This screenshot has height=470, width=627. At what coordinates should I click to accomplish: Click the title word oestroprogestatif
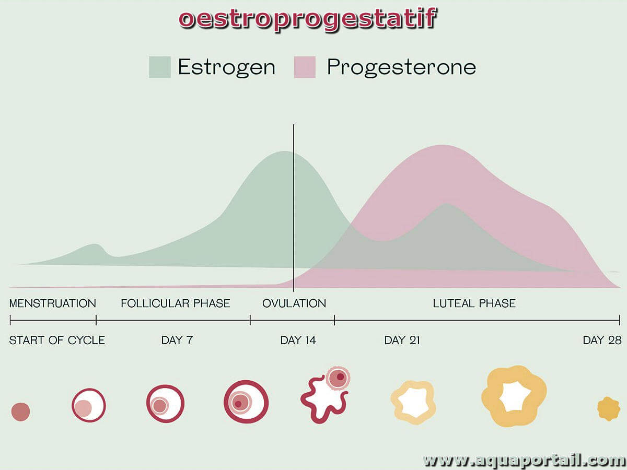(x=308, y=19)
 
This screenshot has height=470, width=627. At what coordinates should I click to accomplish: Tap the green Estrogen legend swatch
(x=160, y=67)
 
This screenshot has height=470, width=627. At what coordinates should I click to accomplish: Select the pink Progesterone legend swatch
(x=305, y=67)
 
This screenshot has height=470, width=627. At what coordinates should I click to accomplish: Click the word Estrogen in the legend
(x=227, y=67)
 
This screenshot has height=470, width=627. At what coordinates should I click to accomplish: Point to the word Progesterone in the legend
(x=401, y=68)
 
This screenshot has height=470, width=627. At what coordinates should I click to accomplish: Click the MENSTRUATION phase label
(x=53, y=303)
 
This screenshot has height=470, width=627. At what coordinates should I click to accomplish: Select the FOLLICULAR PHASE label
(x=176, y=303)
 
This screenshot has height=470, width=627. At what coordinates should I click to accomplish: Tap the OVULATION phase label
(x=294, y=303)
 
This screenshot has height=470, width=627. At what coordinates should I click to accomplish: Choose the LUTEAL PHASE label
(x=474, y=303)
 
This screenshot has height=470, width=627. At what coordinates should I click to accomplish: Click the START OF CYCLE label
(x=57, y=340)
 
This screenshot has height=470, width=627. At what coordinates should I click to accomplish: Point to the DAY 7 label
(x=177, y=340)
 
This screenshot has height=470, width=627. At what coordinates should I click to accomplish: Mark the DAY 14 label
(x=298, y=340)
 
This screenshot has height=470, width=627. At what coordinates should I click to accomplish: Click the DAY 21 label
(x=402, y=340)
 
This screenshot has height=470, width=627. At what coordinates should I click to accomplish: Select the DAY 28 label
(x=602, y=340)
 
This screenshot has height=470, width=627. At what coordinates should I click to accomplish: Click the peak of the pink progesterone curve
(x=442, y=145)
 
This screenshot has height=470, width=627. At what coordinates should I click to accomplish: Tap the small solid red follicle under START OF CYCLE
(x=20, y=412)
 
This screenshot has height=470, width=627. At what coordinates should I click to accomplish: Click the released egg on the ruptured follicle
(x=338, y=379)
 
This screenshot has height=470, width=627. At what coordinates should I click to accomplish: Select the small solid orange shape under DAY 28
(x=609, y=409)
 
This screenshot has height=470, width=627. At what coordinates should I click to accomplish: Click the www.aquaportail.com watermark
(x=524, y=460)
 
